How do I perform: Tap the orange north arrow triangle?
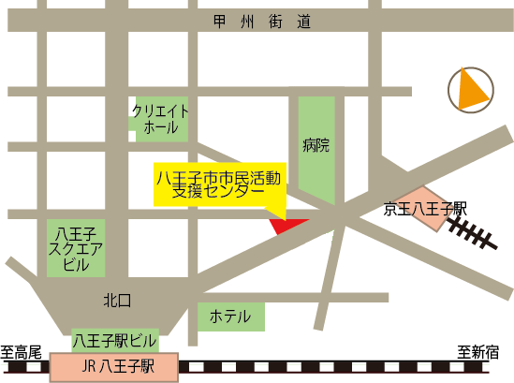click(472, 89)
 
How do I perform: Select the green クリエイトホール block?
click(161, 118)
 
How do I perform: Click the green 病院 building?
click(316, 147)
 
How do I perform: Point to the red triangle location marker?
click(286, 225)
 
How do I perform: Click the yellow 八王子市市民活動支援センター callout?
click(219, 184)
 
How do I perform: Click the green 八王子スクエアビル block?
click(77, 248)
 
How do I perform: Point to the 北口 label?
click(118, 300)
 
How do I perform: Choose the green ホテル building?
click(230, 317)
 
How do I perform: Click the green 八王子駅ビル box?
click(114, 339)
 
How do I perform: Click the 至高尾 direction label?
click(22, 352)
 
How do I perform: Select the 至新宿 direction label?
click(477, 352)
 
